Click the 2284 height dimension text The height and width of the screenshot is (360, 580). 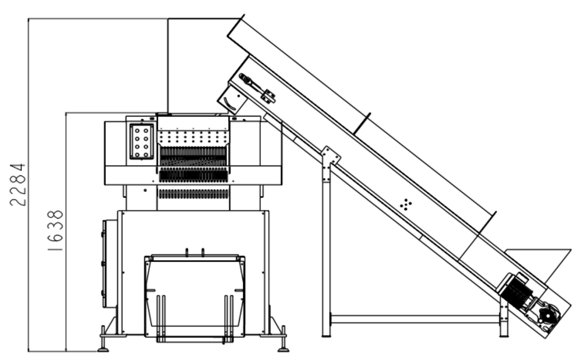[18, 184]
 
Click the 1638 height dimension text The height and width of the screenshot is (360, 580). [55, 231]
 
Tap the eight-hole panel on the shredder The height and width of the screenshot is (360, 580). [142, 141]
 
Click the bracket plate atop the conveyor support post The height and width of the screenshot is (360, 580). [330, 155]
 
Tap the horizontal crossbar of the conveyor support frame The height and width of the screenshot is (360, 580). [415, 319]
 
